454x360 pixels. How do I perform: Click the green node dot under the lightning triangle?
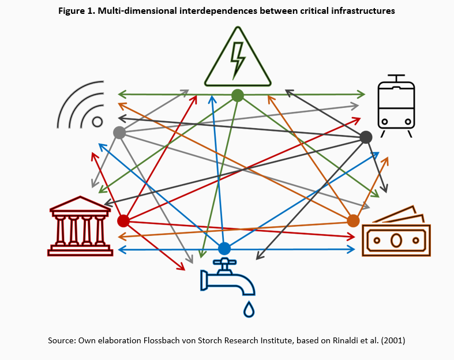coord(238,95)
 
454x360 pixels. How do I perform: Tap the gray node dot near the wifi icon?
coord(119,133)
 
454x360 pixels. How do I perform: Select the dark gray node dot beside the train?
coord(366,137)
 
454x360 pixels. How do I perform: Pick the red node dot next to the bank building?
coord(123,221)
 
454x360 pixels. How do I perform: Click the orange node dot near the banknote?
coord(354,220)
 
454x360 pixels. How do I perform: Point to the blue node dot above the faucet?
coord(224,249)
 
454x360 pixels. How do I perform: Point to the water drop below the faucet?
coord(249,309)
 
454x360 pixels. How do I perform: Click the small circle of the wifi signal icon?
coord(97,122)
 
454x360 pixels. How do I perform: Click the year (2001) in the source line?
coord(392,341)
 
